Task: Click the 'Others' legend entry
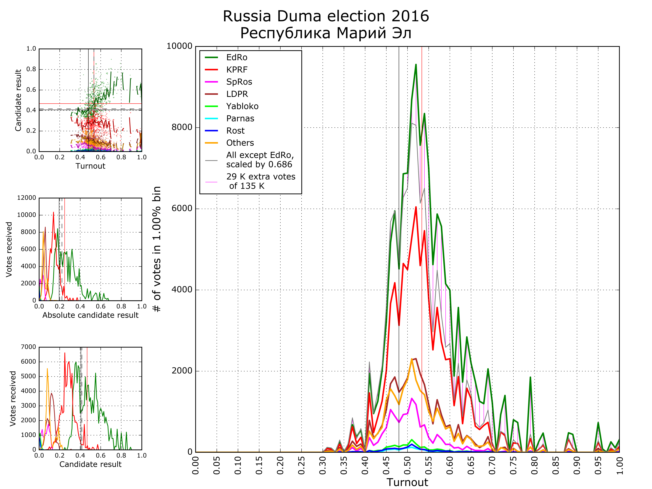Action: pyautogui.click(x=240, y=143)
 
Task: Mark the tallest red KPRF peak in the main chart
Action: pyautogui.click(x=416, y=207)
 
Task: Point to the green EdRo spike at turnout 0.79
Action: pyautogui.click(x=530, y=377)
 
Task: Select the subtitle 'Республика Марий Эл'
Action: pyautogui.click(x=326, y=33)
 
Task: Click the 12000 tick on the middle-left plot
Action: pyautogui.click(x=27, y=198)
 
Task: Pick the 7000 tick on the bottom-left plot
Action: pyautogui.click(x=28, y=347)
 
